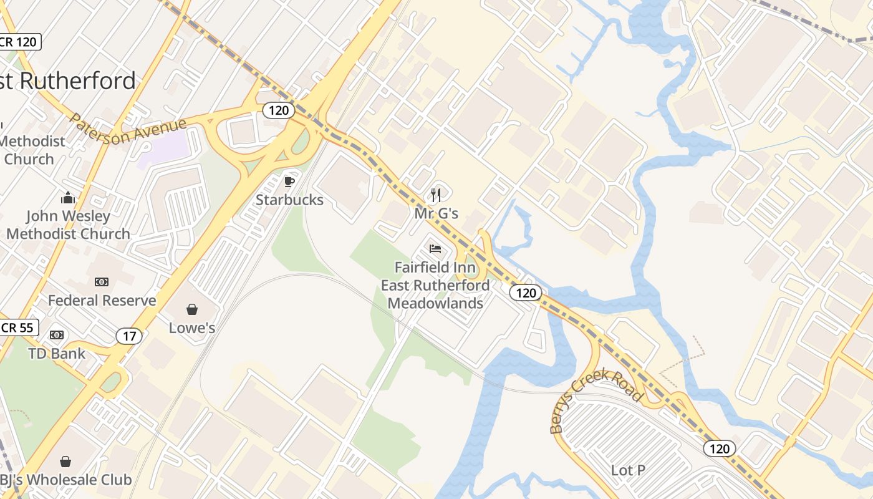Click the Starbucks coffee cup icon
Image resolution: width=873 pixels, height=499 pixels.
coord(289,182)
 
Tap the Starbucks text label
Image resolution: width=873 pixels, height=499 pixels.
coord(289,200)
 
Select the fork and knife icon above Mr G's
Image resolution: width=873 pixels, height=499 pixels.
coord(436,195)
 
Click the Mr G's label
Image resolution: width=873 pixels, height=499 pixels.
coord(436,213)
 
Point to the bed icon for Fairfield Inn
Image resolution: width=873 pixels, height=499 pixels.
coord(435,249)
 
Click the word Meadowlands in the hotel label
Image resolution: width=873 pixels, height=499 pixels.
coord(435,303)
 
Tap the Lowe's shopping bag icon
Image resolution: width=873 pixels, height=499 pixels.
coord(192,309)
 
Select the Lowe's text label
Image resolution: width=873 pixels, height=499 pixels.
coord(192,327)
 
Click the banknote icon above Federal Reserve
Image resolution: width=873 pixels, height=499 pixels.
coord(102,282)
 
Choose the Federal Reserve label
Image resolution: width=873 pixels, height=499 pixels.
coord(102,300)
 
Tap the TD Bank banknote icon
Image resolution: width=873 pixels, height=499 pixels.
coord(57,335)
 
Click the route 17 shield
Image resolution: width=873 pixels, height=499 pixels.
coord(129,336)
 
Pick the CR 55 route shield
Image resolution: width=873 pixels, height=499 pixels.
coord(17,327)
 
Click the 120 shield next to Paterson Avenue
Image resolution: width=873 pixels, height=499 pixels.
coord(278,110)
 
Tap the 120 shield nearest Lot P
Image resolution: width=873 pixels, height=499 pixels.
coord(720,448)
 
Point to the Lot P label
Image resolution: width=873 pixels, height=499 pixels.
coord(628,470)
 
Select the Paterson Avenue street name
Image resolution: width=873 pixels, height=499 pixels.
coord(128,128)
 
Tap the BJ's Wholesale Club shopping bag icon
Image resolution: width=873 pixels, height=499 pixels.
coord(65,462)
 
